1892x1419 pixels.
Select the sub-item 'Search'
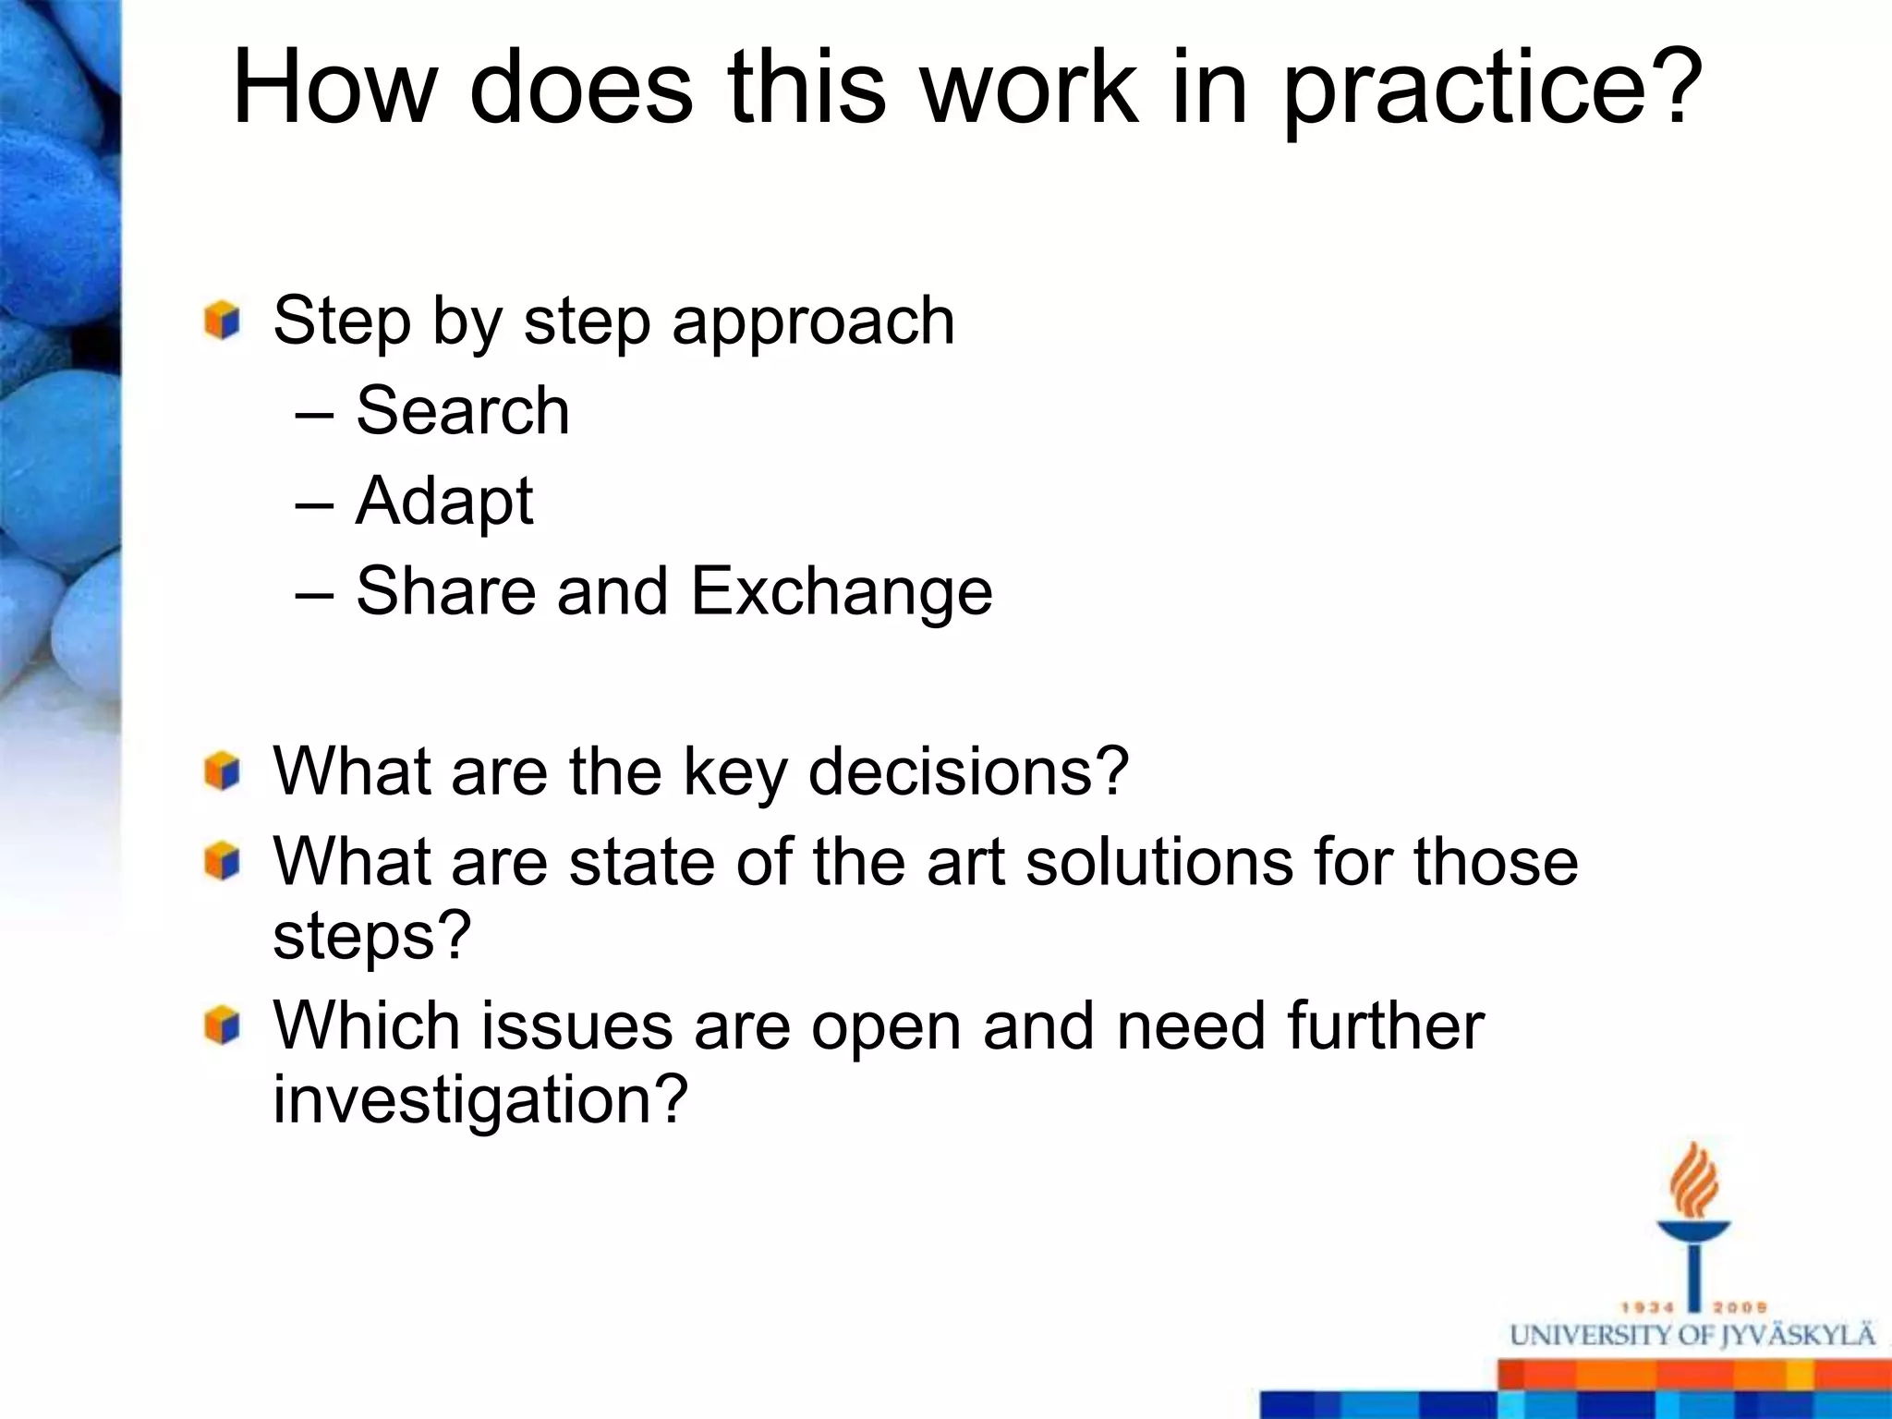coord(462,410)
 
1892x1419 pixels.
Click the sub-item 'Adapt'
coord(443,502)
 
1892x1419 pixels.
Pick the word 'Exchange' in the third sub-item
coord(841,592)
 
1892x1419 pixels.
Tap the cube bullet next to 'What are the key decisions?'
coord(223,771)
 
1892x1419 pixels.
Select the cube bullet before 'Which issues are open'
coord(223,1026)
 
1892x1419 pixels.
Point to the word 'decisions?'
coord(968,771)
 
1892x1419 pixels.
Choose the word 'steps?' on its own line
coord(372,936)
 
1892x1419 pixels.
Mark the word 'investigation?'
coord(480,1099)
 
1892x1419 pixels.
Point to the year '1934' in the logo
coord(1649,1307)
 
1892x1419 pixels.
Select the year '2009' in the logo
coord(1740,1307)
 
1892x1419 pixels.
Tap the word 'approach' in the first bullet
coord(813,321)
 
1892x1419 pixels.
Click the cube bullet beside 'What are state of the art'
coord(223,862)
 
